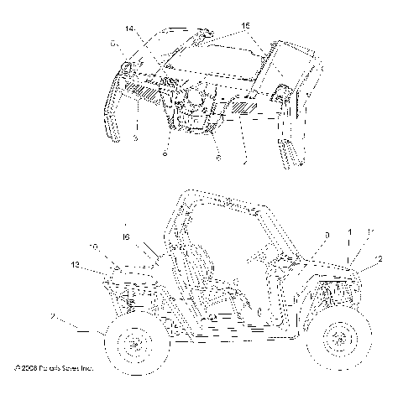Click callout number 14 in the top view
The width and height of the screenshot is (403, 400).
130,29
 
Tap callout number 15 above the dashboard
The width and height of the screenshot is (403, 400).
244,28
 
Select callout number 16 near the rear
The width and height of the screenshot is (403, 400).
126,238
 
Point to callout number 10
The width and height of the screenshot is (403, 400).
95,247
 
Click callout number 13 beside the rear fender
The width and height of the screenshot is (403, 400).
76,264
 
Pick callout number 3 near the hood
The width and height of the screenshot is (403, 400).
303,236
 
